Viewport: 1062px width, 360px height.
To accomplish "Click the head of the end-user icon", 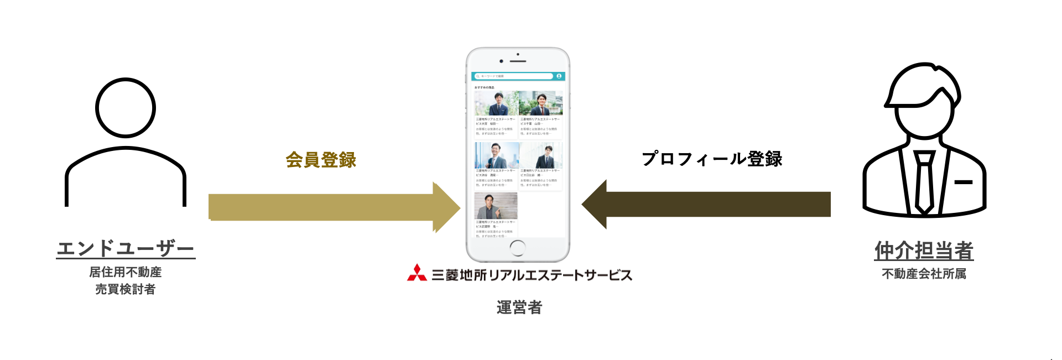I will point(126,108).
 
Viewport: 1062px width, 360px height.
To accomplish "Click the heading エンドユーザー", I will point(126,249).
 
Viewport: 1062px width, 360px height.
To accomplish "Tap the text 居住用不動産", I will point(126,272).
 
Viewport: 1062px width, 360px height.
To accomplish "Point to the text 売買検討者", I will point(126,289).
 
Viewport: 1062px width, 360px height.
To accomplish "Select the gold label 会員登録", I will point(321,160).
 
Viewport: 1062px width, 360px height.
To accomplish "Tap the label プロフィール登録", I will point(712,159).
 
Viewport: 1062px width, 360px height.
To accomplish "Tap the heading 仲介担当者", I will point(924,251).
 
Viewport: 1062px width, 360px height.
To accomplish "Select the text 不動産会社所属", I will point(924,274).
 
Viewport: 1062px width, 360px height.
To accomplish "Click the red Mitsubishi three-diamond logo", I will point(417,273).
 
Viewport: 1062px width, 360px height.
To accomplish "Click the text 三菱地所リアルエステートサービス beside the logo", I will point(532,275).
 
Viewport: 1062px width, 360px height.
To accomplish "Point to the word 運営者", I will point(519,307).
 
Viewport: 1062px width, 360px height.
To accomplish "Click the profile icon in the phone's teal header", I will point(559,76).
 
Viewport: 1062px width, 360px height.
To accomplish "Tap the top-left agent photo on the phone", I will point(496,103).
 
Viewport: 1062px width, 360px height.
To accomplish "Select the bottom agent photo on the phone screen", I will point(496,206).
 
